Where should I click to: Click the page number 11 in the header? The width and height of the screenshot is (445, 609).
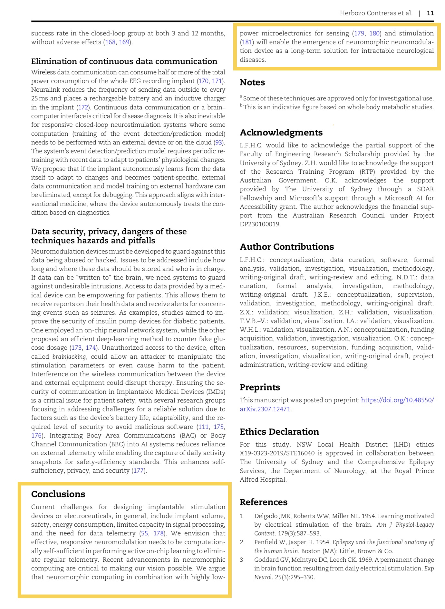(430, 13)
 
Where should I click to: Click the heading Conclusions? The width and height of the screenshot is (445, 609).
(58, 494)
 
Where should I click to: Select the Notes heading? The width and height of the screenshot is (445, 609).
(252, 82)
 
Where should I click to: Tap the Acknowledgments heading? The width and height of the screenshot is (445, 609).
(281, 133)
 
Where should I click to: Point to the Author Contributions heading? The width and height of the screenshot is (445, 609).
(286, 247)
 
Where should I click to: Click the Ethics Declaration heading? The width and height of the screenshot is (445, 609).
(279, 432)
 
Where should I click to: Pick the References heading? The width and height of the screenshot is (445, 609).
(263, 502)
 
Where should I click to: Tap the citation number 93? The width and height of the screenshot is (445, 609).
(219, 142)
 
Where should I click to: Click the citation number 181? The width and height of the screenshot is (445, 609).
(247, 42)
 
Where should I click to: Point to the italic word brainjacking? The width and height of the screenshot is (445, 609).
(69, 356)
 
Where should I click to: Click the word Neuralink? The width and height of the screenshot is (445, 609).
(45, 90)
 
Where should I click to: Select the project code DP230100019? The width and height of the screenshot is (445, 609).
(260, 224)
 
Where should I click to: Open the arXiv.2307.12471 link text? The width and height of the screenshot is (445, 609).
(265, 409)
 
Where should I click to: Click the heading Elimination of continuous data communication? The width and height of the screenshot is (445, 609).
(124, 61)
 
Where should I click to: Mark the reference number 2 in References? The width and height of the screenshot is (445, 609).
(241, 542)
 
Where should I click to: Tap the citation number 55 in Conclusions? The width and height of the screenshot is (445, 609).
(144, 533)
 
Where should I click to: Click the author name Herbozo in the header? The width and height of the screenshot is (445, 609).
(352, 13)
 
